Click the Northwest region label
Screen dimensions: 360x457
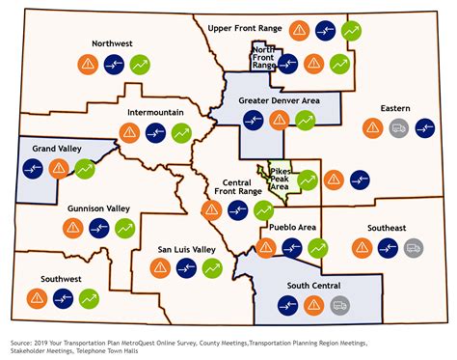click(x=112, y=43)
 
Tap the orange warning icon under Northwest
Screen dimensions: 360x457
click(x=87, y=65)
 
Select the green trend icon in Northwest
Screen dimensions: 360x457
click(x=141, y=65)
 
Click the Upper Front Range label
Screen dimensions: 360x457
click(x=245, y=29)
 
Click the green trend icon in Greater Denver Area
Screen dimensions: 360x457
click(x=306, y=121)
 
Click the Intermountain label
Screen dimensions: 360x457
click(x=154, y=112)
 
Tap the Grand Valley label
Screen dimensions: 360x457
click(x=58, y=150)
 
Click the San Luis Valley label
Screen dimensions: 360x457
click(x=186, y=249)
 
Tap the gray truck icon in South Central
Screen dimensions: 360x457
click(x=339, y=306)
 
